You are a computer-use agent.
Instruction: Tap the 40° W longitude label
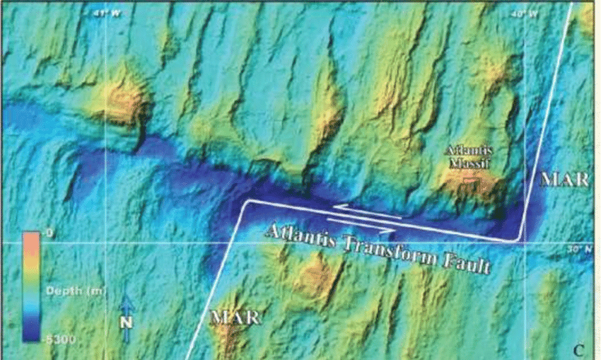tap(522, 13)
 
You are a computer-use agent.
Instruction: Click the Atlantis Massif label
tap(468, 157)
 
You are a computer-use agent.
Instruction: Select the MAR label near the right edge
tap(564, 180)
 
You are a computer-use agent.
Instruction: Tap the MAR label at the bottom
tap(232, 316)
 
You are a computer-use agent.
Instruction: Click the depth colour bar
tap(31, 287)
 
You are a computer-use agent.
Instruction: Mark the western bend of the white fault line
tap(245, 202)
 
